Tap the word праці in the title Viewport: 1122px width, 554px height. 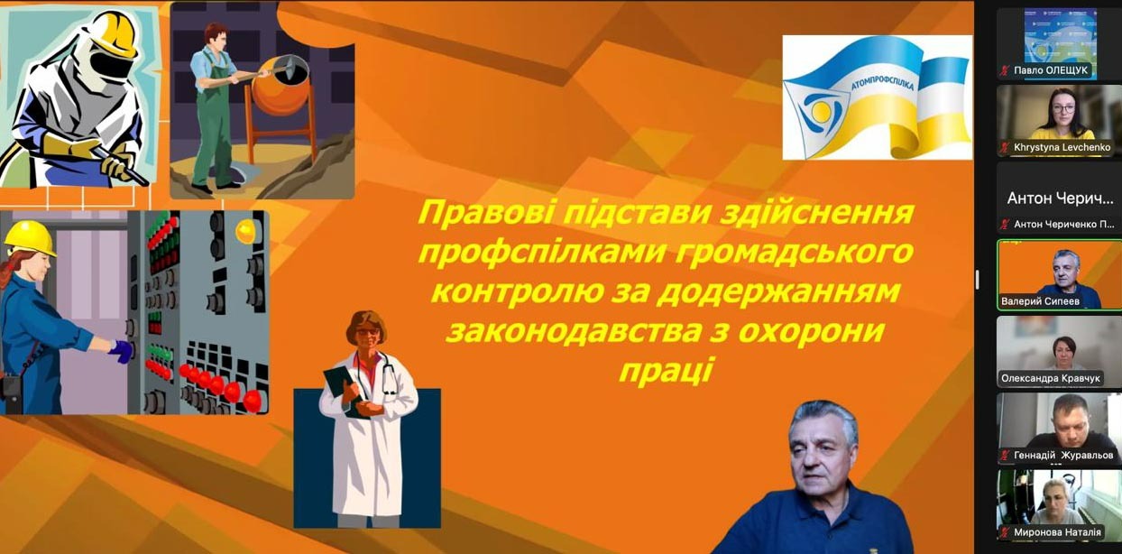pyautogui.click(x=666, y=371)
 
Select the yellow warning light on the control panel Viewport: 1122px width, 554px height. pyautogui.click(x=245, y=231)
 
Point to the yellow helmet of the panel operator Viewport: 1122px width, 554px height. pyautogui.click(x=31, y=238)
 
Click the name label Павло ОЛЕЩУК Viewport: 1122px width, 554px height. pyautogui.click(x=1051, y=70)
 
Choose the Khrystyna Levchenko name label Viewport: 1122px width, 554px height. pyautogui.click(x=1062, y=147)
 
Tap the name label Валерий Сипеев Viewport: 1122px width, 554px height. pyautogui.click(x=1040, y=301)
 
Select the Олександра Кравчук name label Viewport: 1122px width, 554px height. pyautogui.click(x=1051, y=378)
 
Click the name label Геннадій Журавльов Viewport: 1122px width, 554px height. pyautogui.click(x=1063, y=456)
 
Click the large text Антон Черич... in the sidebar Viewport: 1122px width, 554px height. pyautogui.click(x=1060, y=199)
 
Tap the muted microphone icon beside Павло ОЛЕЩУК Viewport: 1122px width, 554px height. pyautogui.click(x=1004, y=71)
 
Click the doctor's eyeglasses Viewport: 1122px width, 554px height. pyautogui.click(x=368, y=331)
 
